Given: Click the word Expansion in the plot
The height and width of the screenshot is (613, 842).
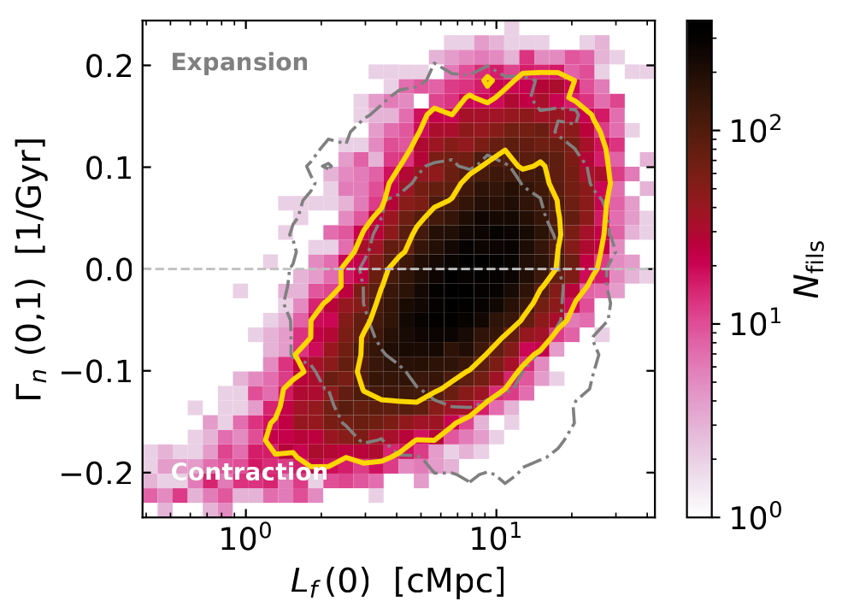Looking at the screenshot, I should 239,62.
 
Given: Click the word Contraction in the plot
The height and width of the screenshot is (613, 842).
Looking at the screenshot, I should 250,472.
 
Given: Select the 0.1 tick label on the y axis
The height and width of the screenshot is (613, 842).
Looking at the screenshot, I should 103,168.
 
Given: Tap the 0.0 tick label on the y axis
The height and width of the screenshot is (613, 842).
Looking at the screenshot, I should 103,269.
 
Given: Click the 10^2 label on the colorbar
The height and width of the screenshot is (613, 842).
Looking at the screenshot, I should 752,130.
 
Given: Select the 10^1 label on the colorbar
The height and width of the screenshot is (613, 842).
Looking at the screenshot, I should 752,323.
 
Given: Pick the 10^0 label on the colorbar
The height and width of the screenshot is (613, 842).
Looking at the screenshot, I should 752,516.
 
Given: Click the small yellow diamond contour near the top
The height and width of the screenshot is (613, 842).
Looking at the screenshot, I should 488,81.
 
